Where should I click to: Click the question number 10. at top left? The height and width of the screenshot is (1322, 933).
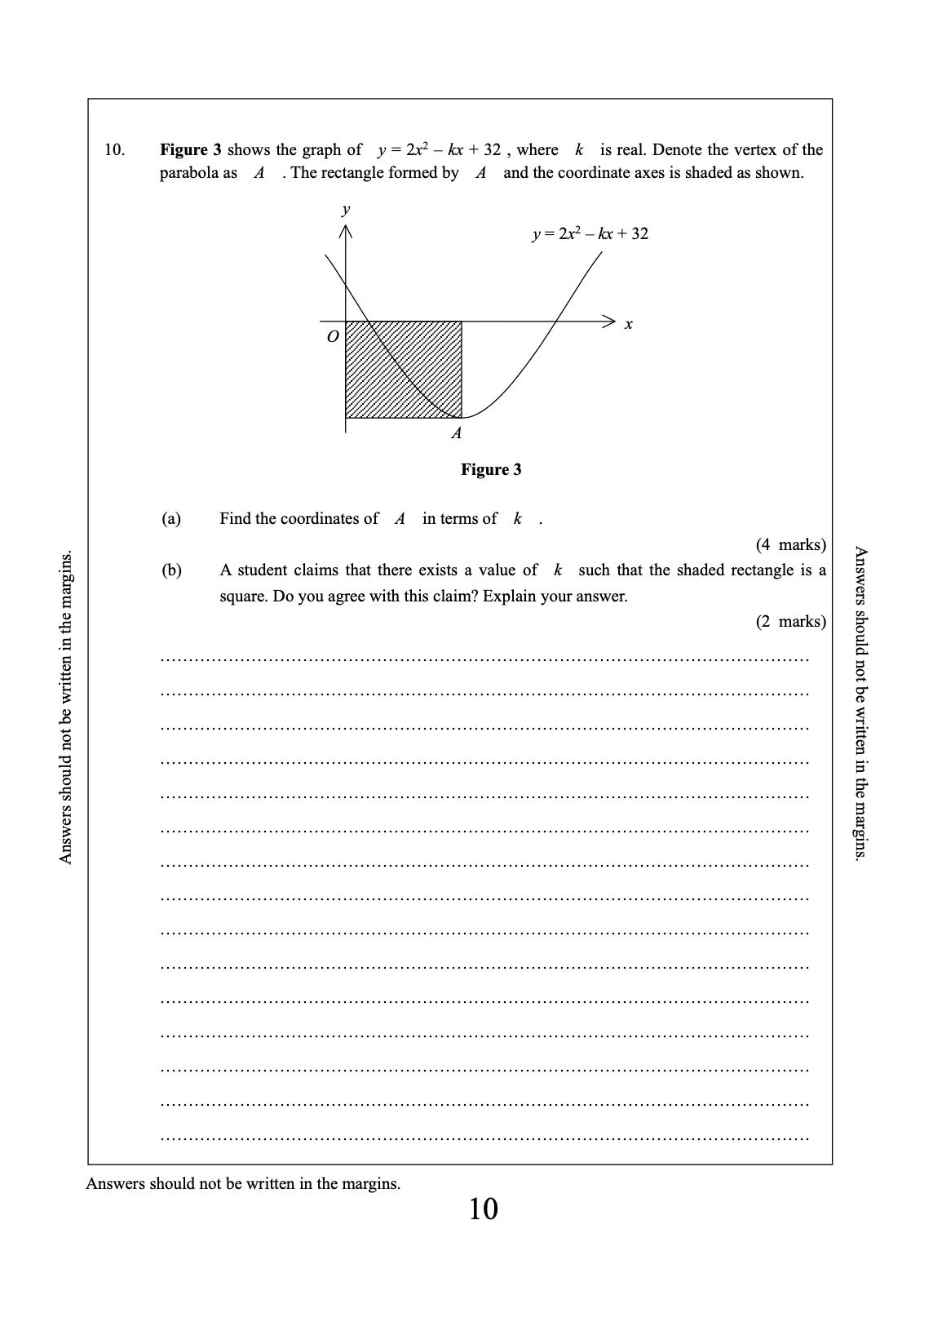[x=114, y=149]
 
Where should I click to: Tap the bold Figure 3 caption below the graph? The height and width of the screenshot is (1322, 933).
[x=491, y=469]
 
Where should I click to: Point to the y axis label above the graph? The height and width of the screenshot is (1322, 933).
[x=346, y=210]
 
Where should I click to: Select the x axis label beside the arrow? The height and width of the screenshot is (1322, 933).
[x=628, y=325]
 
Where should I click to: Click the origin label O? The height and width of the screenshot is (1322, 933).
[x=332, y=336]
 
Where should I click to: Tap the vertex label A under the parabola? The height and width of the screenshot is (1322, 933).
[x=457, y=433]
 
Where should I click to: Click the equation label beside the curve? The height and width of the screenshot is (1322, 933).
[x=590, y=234]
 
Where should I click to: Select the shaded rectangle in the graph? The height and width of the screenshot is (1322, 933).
[x=403, y=369]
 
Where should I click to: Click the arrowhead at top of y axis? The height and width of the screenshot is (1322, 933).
[x=346, y=232]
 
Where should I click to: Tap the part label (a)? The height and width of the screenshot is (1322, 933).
[x=171, y=519]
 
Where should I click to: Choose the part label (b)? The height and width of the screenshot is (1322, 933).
[x=171, y=570]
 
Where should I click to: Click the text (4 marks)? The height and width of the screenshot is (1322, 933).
[x=790, y=544]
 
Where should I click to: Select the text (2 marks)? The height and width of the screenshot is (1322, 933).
[x=790, y=622]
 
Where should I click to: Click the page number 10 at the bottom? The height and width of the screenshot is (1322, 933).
[x=483, y=1209]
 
